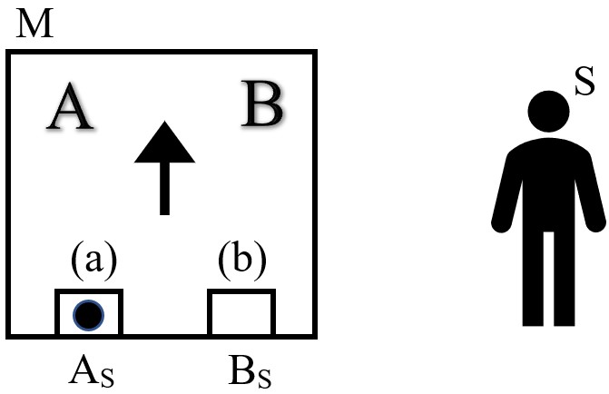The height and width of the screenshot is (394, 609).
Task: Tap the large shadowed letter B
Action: point(262,106)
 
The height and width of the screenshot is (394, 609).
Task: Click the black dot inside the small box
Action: point(88,314)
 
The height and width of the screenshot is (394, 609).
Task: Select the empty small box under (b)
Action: point(241,314)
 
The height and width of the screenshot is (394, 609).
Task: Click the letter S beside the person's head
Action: point(584,84)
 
